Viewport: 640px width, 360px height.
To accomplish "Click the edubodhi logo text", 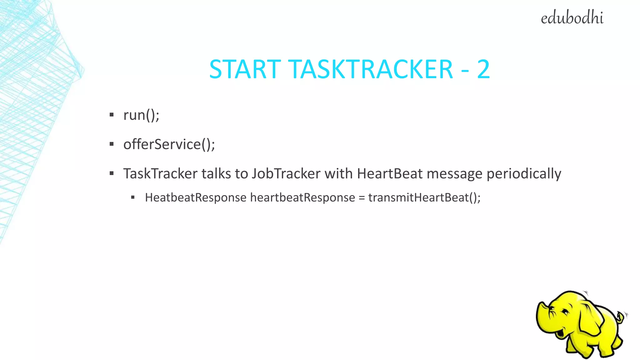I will click(x=572, y=18).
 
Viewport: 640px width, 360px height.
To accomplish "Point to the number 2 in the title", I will click(x=483, y=69).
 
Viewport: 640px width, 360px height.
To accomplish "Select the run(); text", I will click(x=141, y=115).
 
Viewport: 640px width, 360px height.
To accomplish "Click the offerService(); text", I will click(x=169, y=144).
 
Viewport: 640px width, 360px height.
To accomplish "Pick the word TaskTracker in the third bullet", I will click(x=160, y=174).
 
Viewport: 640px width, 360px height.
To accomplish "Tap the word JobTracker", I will click(x=286, y=174).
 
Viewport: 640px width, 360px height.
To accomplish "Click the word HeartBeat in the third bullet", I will click(x=390, y=174).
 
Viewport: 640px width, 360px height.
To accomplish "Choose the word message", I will click(x=454, y=174).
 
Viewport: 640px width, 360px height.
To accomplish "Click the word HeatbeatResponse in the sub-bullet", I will click(x=196, y=198).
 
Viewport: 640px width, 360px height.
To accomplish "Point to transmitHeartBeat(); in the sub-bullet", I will click(x=424, y=198).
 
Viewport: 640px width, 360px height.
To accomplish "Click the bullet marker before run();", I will click(x=112, y=115).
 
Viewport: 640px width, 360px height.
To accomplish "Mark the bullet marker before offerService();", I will click(x=112, y=144).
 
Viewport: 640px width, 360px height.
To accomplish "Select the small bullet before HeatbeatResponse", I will click(x=133, y=197).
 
